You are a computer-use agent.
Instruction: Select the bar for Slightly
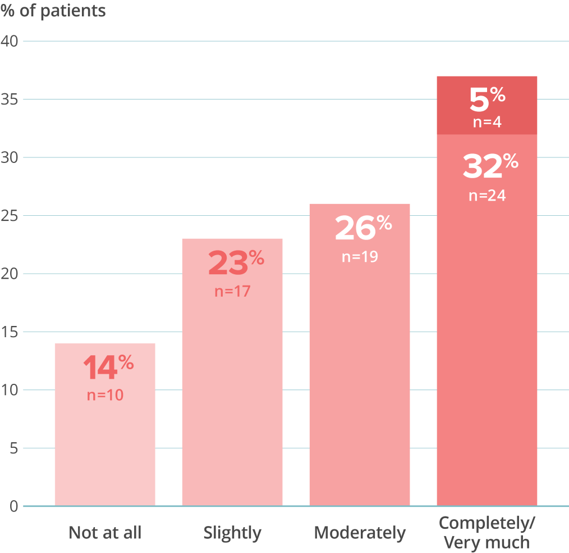coord(232,393)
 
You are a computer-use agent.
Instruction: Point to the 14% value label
coord(108,368)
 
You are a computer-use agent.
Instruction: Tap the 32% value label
coord(490,166)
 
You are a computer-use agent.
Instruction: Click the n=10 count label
coord(105,395)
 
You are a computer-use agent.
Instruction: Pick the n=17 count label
coord(232,292)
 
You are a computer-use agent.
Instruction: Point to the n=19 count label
coord(360,257)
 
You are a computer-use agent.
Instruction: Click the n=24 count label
coord(487,196)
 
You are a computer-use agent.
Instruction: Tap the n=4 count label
coord(487,121)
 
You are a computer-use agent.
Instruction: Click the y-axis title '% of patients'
coord(53,11)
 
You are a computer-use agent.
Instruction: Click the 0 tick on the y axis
coord(13,506)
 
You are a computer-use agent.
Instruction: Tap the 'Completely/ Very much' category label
coord(487,532)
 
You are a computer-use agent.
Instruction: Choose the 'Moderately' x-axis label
coord(360,533)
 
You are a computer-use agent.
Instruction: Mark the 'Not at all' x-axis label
coord(105,533)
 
